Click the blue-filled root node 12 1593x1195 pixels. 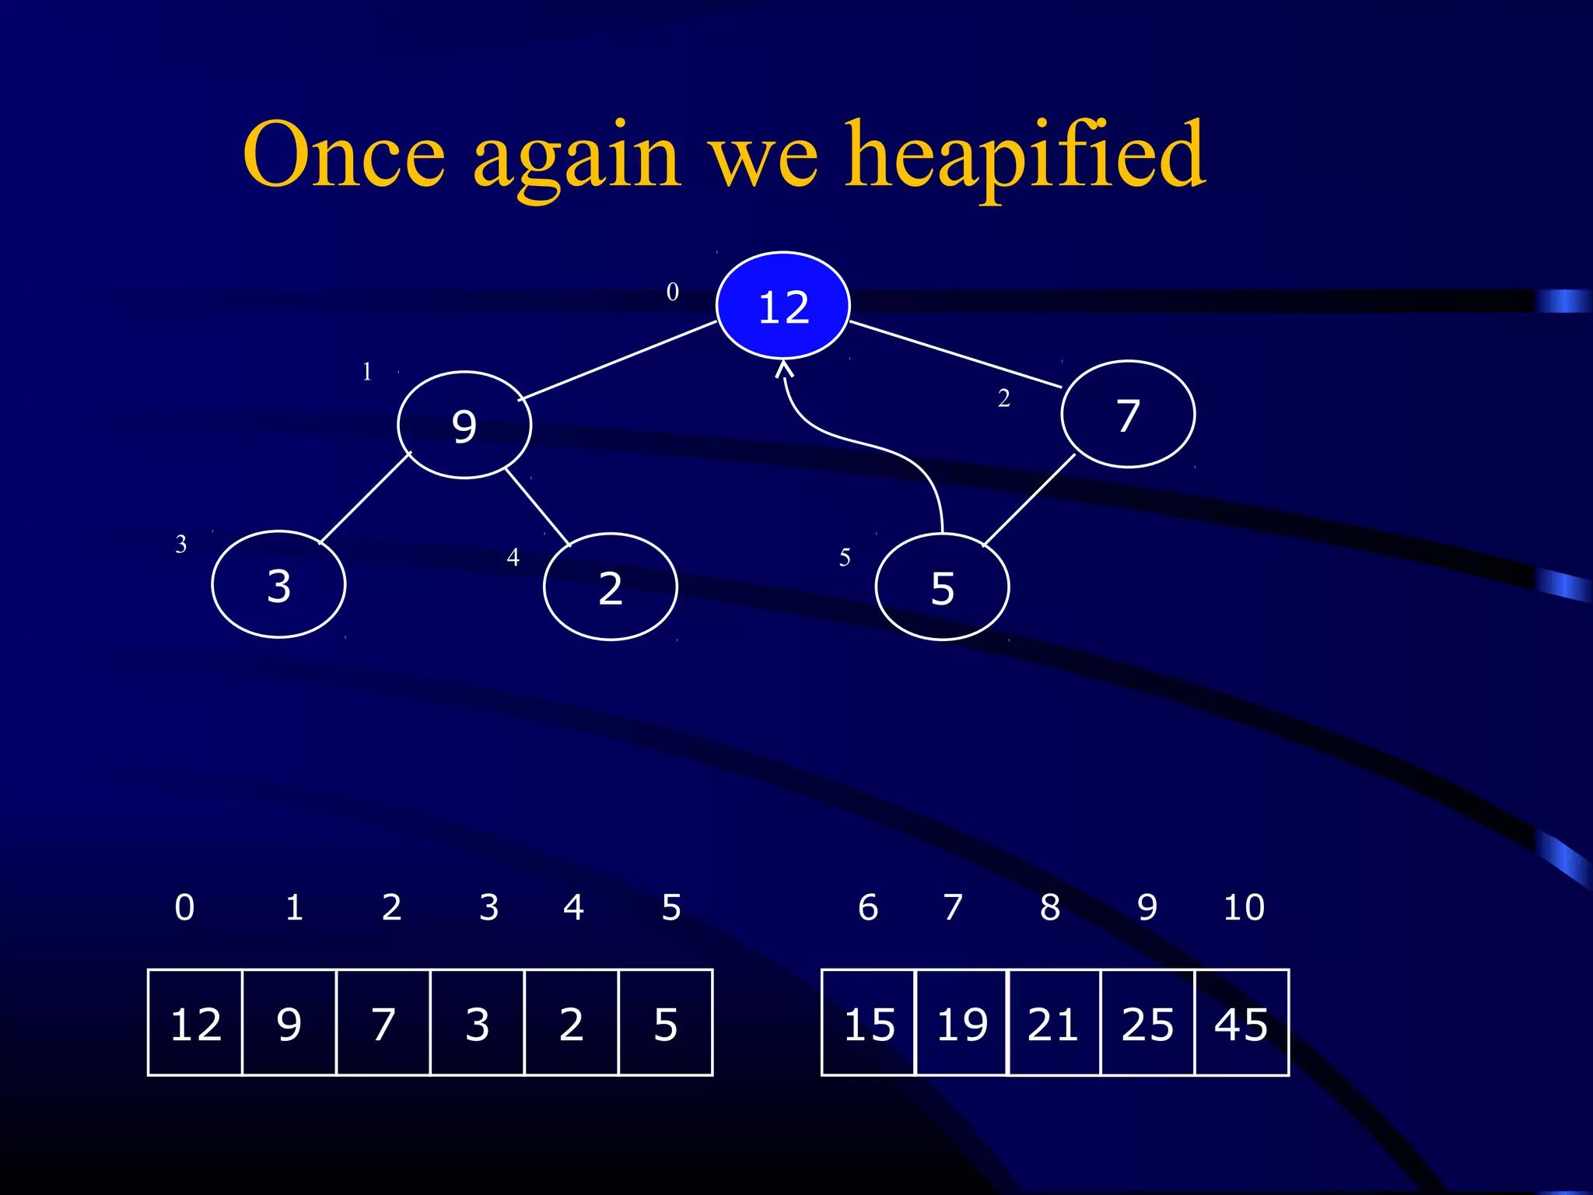(782, 306)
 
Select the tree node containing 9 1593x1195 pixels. (464, 426)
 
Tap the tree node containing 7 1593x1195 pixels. (1128, 415)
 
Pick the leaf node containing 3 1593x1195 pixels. (278, 585)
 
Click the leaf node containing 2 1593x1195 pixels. (611, 587)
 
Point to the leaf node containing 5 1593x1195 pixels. (942, 588)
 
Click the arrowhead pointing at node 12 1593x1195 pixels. (784, 368)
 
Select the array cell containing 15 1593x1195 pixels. (869, 1023)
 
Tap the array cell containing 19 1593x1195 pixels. (961, 1023)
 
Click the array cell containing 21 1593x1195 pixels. (1054, 1023)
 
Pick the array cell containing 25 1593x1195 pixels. (1147, 1023)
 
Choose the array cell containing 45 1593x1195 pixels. (1241, 1023)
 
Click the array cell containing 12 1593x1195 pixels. (195, 1023)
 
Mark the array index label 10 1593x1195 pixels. (1244, 907)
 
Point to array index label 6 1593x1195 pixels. (868, 907)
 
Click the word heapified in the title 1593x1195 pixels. (1025, 156)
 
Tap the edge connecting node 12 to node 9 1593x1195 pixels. (618, 360)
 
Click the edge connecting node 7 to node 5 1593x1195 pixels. (1029, 500)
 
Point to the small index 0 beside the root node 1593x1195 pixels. (673, 292)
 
